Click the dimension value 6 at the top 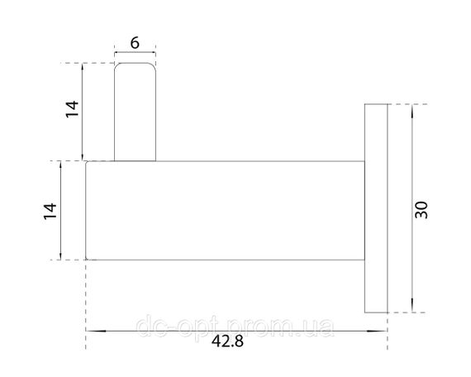point(135,43)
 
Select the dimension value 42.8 point(227,341)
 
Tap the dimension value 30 point(421,210)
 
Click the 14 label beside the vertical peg point(72,109)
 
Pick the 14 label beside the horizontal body point(50,212)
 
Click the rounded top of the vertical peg point(136,64)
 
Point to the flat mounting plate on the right point(376,208)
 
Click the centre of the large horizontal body point(226,211)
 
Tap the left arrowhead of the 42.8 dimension point(96,331)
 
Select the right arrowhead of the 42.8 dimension point(378,331)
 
